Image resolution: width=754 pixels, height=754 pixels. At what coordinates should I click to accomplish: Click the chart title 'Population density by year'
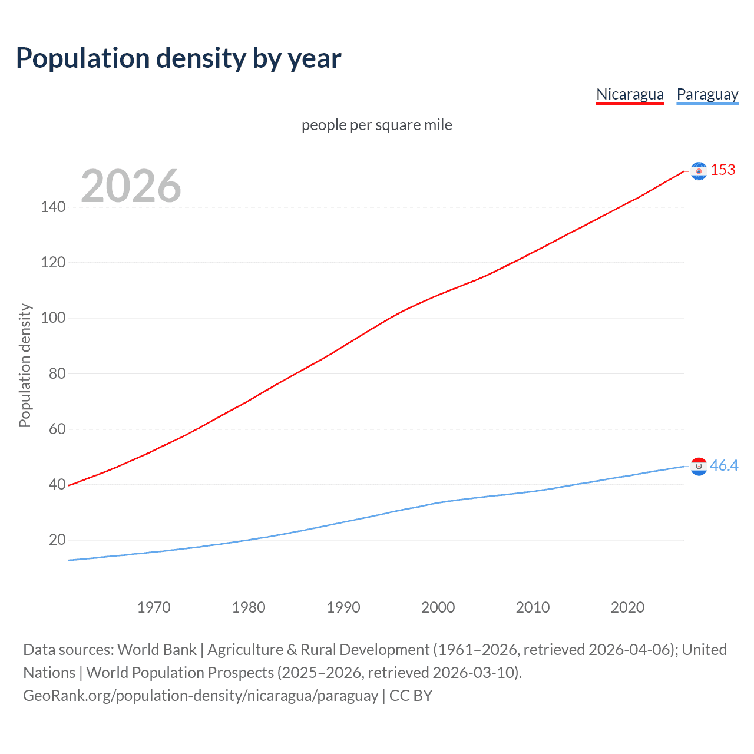[x=178, y=58]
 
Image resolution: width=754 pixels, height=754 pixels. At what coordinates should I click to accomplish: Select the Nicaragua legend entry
[x=630, y=94]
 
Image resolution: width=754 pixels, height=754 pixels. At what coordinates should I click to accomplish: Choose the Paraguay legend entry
[x=707, y=94]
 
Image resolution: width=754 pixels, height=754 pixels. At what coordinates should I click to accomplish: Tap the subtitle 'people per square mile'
[x=376, y=125]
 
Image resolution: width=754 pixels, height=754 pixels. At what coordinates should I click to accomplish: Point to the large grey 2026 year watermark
[x=131, y=186]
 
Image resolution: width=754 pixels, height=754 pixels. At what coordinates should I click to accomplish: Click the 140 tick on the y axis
[x=53, y=207]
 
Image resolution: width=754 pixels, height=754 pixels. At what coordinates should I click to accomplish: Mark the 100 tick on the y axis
[x=53, y=318]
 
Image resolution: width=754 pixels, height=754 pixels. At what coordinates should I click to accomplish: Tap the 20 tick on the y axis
[x=57, y=540]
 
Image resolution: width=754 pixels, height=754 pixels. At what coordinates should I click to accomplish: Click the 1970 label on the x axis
[x=154, y=607]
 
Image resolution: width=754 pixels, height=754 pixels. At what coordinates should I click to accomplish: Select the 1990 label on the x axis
[x=343, y=607]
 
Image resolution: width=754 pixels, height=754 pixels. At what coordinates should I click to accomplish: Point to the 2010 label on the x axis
[x=533, y=607]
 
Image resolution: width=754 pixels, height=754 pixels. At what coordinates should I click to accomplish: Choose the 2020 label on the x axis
[x=627, y=607]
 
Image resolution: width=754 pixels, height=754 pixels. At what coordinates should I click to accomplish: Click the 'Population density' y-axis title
[x=25, y=365]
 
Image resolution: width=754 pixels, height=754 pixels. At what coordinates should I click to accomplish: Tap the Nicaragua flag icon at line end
[x=699, y=171]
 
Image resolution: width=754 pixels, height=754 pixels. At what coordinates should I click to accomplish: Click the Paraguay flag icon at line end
[x=699, y=467]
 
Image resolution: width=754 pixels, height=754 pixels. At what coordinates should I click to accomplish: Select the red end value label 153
[x=723, y=170]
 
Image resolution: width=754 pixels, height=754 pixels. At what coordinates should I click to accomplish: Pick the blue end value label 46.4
[x=724, y=466]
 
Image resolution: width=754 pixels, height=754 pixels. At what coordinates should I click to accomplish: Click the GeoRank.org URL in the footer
[x=200, y=696]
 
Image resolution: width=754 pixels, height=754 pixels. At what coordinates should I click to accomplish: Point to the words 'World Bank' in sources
[x=157, y=650]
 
